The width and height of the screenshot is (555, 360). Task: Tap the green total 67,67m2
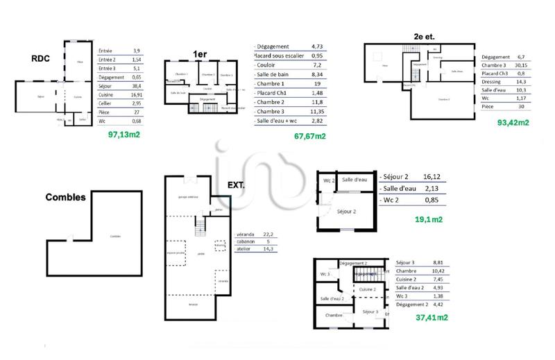click(x=310, y=136)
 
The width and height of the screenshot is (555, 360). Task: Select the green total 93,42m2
click(x=513, y=122)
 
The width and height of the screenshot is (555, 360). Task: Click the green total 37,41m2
click(x=432, y=318)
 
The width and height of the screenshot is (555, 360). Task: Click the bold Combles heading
click(x=65, y=197)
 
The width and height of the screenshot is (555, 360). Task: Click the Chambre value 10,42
click(x=438, y=271)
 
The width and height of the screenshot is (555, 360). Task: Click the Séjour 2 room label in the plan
click(x=346, y=212)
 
